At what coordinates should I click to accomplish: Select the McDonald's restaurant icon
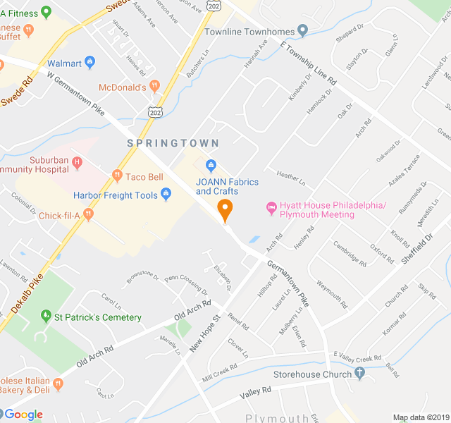tap(155, 87)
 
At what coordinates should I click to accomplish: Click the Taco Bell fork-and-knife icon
tap(117, 176)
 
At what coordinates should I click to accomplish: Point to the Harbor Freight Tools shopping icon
tap(166, 193)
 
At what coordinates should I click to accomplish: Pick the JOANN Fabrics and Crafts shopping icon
tap(210, 165)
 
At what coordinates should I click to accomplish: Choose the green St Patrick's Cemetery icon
tap(46, 317)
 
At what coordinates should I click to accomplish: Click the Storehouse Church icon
tap(360, 374)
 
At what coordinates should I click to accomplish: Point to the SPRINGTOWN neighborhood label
tap(173, 143)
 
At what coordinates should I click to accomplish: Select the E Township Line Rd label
tap(309, 63)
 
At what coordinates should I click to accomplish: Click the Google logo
tap(24, 415)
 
